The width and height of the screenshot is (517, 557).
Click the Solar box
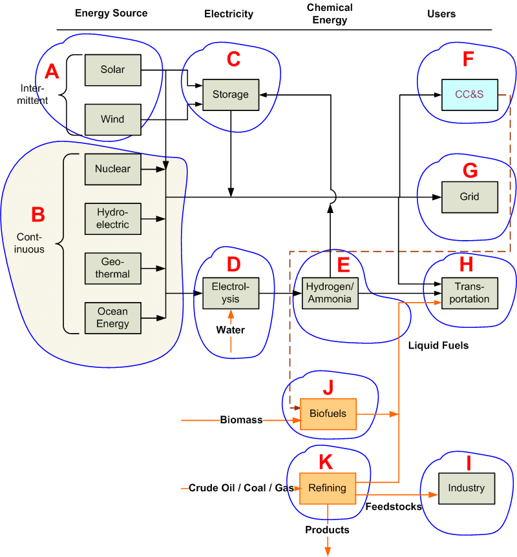[x=112, y=70]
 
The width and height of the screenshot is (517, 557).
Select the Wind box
[x=112, y=119]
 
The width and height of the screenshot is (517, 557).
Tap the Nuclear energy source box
[x=112, y=169]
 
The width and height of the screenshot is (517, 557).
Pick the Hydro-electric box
[x=112, y=219]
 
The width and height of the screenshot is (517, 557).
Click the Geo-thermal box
[x=112, y=268]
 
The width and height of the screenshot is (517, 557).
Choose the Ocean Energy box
[x=112, y=318]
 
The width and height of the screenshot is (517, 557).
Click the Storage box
[x=231, y=94]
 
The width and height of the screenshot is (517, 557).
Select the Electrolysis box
[x=231, y=293]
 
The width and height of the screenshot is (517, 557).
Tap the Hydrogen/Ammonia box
[x=330, y=293]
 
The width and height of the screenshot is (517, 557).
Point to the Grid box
[x=469, y=197]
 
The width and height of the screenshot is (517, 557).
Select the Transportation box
[x=469, y=293]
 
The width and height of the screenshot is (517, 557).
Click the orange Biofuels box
[x=328, y=414]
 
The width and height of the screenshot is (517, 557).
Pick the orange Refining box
[x=328, y=488]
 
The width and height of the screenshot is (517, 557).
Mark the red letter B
[x=38, y=214]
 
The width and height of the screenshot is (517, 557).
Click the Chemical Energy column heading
[x=330, y=14]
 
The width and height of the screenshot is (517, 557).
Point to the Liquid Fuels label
[x=438, y=345]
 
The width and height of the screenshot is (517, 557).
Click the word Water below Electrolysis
[x=231, y=330]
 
